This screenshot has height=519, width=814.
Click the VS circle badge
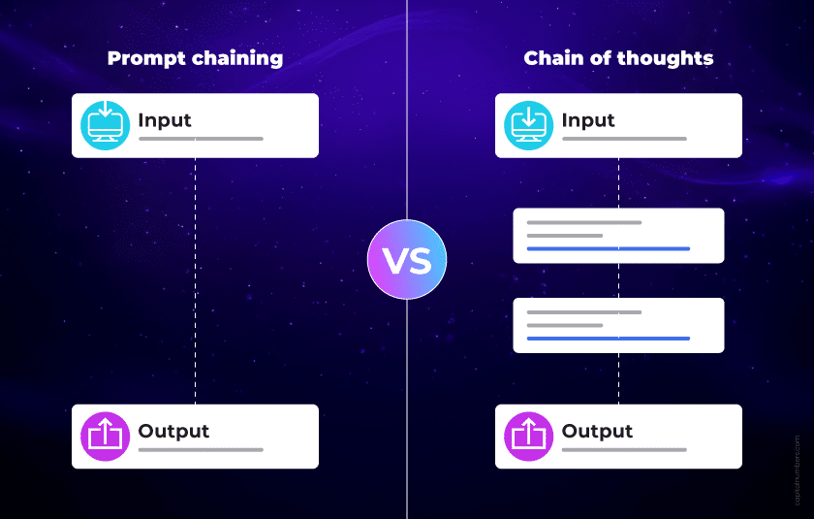click(407, 259)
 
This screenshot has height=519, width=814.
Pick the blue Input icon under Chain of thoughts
click(528, 125)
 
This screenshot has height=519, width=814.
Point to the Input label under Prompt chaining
click(165, 120)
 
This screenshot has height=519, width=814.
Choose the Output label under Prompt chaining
click(173, 431)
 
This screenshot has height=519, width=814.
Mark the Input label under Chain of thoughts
click(588, 120)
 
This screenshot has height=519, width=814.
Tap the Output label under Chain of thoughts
click(597, 431)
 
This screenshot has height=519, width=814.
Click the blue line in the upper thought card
click(608, 248)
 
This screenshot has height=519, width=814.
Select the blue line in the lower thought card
click(608, 339)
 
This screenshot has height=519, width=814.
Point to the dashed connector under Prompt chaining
click(196, 281)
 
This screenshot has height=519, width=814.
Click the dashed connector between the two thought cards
click(619, 280)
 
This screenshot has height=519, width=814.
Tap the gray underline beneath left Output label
click(201, 450)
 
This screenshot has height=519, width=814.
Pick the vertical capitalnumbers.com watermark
click(798, 469)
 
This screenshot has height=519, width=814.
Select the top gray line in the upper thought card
click(583, 222)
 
